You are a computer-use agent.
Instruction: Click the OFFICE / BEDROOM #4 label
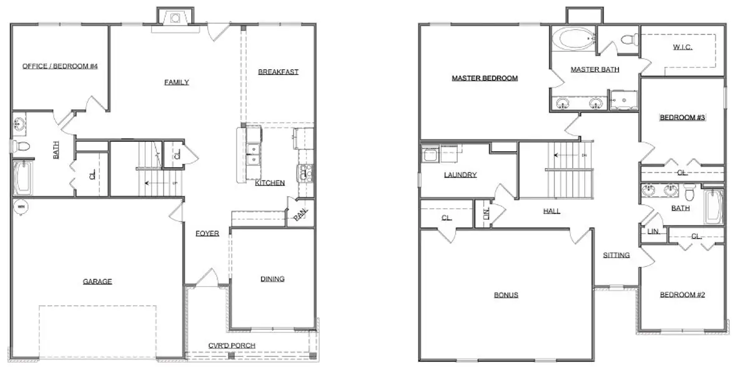(x=60, y=66)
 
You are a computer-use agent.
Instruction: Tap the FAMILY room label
(x=176, y=82)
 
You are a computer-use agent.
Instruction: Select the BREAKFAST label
(x=278, y=72)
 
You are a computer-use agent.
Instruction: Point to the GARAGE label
(x=97, y=282)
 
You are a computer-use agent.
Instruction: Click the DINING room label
(x=272, y=279)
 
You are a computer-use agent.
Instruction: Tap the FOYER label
(x=207, y=234)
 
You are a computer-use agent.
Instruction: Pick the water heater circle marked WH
(x=21, y=206)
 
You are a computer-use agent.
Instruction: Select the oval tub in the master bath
(x=574, y=38)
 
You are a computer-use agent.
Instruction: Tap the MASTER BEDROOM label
(x=485, y=79)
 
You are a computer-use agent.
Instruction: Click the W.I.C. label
(x=683, y=47)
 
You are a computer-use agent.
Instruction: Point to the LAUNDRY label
(x=460, y=175)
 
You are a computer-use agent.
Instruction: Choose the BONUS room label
(x=506, y=296)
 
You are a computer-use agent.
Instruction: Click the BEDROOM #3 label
(x=683, y=117)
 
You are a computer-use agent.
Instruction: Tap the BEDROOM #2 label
(x=683, y=295)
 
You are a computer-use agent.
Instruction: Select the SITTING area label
(x=616, y=255)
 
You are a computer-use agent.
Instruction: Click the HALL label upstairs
(x=551, y=211)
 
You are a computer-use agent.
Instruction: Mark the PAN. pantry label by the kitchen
(x=300, y=214)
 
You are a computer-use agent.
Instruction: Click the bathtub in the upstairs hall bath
(x=713, y=207)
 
